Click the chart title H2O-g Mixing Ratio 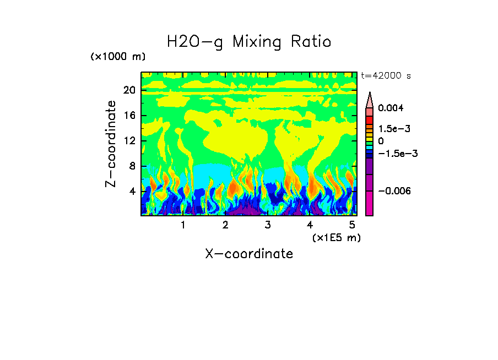[249, 42]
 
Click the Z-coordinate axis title [111, 143]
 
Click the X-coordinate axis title [249, 254]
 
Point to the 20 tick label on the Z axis [129, 91]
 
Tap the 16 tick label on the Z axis [129, 116]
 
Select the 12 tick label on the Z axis [129, 141]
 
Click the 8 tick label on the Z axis [132, 166]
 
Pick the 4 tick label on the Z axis [132, 192]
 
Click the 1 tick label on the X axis [183, 225]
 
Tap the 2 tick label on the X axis [225, 225]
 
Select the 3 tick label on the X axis [268, 225]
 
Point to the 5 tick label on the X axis [353, 225]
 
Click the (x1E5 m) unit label [336, 237]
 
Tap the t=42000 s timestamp [386, 76]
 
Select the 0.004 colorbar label [391, 108]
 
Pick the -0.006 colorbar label [394, 190]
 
